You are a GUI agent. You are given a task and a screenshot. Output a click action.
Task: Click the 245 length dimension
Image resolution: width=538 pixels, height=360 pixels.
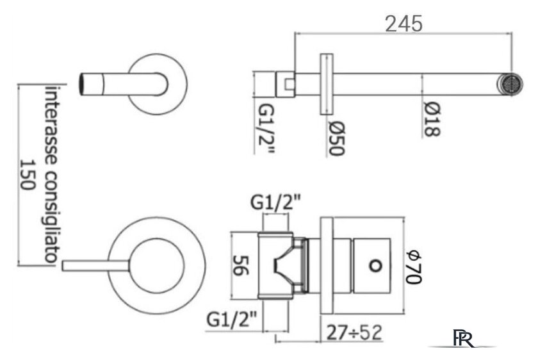coord(403,24)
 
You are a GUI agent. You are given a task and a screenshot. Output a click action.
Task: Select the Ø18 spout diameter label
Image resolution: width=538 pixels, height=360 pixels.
coord(432,119)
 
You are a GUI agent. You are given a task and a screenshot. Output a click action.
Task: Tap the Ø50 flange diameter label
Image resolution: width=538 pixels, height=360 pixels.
coord(337,138)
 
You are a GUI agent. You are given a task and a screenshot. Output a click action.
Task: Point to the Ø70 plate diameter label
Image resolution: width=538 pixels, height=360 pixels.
coord(414,267)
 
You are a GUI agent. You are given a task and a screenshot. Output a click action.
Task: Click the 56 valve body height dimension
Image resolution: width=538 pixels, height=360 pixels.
coord(241,265)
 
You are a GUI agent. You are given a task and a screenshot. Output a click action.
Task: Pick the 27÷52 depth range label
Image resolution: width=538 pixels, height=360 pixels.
coord(354,332)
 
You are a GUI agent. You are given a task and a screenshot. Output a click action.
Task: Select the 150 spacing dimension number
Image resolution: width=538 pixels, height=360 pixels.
coord(28,175)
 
